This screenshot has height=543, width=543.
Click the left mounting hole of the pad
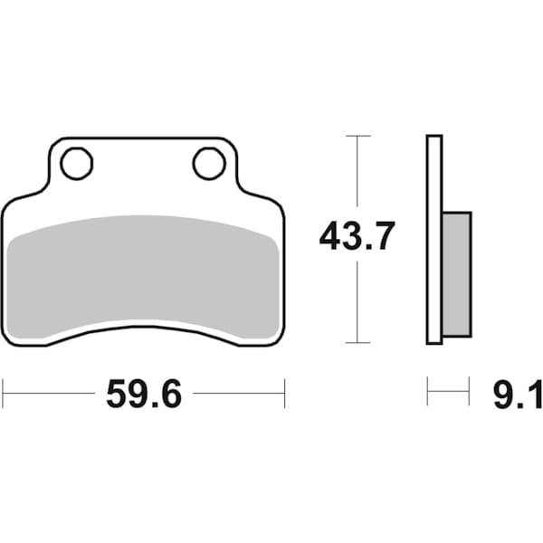coord(76,164)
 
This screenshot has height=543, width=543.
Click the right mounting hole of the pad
coord(208,164)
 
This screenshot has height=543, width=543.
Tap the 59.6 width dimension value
coord(144,394)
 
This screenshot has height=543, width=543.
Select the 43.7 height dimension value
coord(357,237)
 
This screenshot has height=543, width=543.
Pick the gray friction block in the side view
coord(457,272)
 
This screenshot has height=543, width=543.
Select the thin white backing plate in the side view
coord(434,239)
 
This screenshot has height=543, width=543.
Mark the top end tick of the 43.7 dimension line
coord(358,136)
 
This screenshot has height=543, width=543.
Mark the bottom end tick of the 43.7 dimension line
coord(358,343)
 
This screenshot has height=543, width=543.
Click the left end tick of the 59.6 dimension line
coord(3,394)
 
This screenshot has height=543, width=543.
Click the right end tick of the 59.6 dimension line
coord(285,394)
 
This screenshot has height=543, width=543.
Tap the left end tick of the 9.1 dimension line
coord(428,393)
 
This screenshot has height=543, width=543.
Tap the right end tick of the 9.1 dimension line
coord(469,393)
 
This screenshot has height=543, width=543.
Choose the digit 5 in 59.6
coord(117,395)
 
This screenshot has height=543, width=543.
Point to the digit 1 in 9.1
coord(533,395)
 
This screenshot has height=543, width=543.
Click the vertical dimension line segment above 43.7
coord(358,176)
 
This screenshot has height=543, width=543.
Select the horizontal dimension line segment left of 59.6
coord(50,394)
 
